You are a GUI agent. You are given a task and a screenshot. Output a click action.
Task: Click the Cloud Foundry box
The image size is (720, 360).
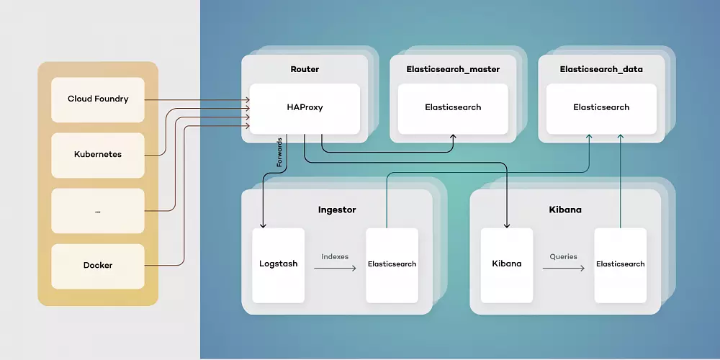click(x=98, y=99)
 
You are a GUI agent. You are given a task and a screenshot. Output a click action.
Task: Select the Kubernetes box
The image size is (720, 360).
click(x=98, y=155)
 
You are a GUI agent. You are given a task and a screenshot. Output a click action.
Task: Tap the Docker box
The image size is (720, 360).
click(x=98, y=265)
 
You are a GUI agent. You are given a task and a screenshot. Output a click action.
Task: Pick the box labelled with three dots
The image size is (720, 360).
click(x=98, y=210)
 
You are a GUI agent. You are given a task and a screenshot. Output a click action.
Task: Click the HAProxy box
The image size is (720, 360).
click(x=305, y=107)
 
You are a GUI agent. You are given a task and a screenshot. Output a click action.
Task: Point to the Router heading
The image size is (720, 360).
click(x=305, y=69)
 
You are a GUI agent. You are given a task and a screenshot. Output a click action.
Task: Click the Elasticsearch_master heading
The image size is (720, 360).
click(x=453, y=69)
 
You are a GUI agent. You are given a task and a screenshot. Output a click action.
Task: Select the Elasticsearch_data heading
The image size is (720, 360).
click(x=601, y=69)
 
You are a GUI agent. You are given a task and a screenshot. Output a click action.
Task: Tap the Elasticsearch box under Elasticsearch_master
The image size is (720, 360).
click(x=453, y=107)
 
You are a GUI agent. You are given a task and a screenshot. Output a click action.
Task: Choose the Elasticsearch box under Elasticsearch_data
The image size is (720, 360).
click(x=601, y=107)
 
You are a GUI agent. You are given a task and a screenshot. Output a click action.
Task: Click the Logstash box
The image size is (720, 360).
click(x=278, y=264)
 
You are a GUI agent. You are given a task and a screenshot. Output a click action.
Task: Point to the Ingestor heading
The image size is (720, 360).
click(x=337, y=210)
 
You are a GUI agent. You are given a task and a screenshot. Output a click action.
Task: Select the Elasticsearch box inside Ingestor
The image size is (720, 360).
click(x=392, y=264)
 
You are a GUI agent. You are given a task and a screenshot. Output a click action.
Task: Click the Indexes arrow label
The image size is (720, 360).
click(x=335, y=256)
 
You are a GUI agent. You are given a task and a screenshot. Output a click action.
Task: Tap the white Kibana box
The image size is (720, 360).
click(x=506, y=264)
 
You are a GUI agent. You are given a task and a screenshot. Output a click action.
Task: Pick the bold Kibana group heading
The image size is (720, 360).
click(x=565, y=210)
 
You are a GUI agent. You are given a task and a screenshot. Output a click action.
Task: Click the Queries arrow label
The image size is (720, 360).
click(x=563, y=256)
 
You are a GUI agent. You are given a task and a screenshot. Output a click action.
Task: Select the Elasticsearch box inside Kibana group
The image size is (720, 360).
click(x=620, y=264)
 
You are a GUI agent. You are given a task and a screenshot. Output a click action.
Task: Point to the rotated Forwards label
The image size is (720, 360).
click(x=279, y=153)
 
